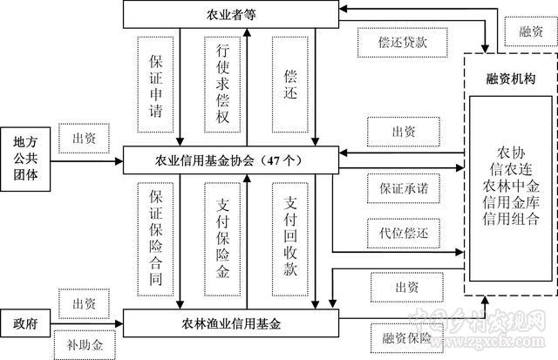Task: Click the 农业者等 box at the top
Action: (230, 15)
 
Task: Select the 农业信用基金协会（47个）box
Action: (230, 160)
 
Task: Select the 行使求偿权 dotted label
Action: (223, 87)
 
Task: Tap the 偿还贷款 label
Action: (402, 41)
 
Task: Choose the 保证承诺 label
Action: (403, 186)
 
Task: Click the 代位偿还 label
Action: (403, 233)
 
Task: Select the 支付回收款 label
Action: (292, 237)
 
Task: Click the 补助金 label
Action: (85, 343)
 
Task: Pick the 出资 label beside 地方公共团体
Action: (83, 137)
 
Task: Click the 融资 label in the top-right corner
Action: (530, 31)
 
